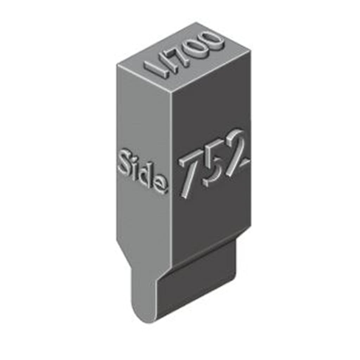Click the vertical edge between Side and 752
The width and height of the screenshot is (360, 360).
(x=172, y=176)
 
